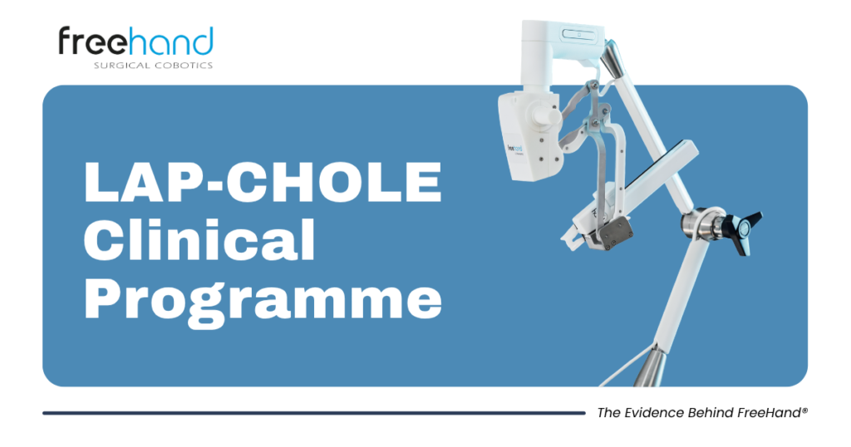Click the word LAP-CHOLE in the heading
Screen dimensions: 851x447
263,182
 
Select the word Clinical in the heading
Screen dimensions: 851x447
199,240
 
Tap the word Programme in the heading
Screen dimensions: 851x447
263,300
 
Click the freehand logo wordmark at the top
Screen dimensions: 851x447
135,42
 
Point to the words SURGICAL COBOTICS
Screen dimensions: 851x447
153,66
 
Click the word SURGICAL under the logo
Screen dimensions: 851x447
121,66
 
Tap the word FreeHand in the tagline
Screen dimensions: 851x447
769,413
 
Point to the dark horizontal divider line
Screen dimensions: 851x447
313,414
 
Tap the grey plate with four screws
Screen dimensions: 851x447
616,232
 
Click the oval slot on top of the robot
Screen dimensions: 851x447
578,34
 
